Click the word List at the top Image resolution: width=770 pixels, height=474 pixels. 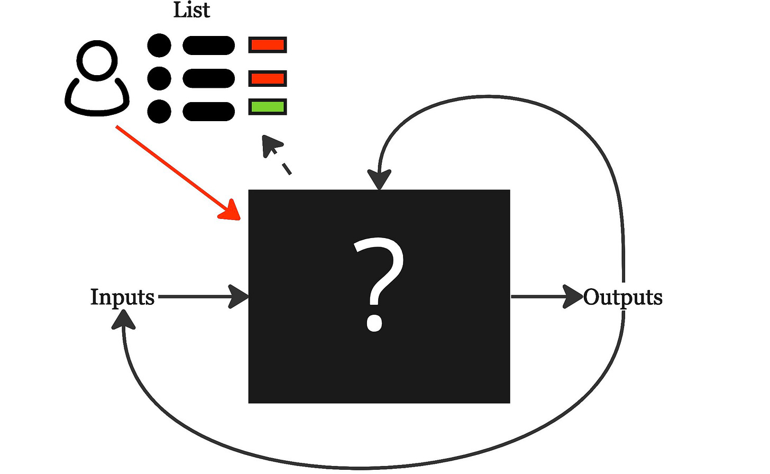(191, 10)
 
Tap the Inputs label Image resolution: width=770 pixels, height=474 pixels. (122, 297)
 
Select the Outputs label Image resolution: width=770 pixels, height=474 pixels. (622, 297)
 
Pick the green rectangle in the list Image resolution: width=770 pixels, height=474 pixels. (268, 107)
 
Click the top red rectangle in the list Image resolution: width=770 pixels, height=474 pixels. (268, 45)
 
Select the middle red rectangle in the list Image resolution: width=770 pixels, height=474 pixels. (268, 79)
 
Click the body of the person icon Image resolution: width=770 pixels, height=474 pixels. (97, 101)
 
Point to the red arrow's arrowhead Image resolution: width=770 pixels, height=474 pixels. (232, 211)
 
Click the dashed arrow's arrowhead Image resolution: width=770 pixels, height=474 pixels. (271, 144)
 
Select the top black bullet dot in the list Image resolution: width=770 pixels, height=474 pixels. (159, 45)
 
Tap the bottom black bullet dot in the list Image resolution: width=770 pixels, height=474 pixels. (159, 112)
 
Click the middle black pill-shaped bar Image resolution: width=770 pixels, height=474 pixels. (208, 79)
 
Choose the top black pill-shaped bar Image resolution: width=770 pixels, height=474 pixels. (208, 45)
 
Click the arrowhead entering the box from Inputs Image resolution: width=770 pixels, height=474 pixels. (239, 296)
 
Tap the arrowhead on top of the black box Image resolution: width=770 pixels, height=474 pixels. (379, 179)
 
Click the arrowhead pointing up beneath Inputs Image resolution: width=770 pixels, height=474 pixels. (123, 319)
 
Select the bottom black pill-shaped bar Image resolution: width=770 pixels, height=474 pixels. (208, 112)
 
